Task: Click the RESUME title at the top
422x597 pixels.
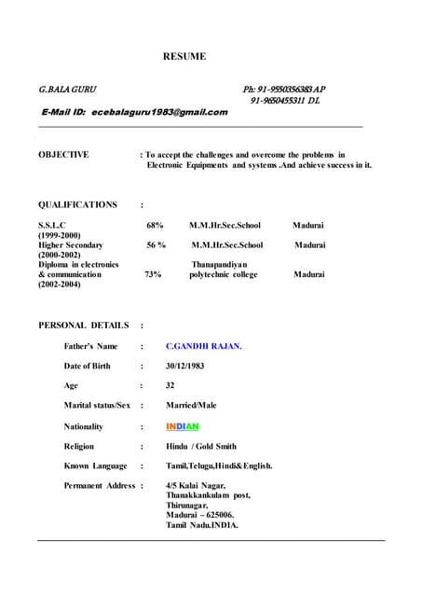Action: (x=184, y=57)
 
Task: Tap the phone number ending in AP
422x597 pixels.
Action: (x=284, y=90)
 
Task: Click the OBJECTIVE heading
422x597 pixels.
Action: (x=63, y=155)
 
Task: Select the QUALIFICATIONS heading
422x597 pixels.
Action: (x=77, y=205)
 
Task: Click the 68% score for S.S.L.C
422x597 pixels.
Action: (x=156, y=226)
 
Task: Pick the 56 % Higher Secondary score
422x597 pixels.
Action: (x=157, y=245)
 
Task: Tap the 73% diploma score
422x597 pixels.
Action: (x=153, y=275)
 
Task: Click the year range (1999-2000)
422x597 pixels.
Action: (x=60, y=235)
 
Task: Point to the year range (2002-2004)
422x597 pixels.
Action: (x=60, y=285)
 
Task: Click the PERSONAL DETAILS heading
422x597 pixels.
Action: (x=84, y=326)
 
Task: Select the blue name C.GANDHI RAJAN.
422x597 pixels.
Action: (x=204, y=346)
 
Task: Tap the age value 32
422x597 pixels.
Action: (x=170, y=385)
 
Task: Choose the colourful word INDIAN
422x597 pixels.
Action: (x=183, y=426)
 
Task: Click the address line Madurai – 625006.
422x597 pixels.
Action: (x=199, y=515)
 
